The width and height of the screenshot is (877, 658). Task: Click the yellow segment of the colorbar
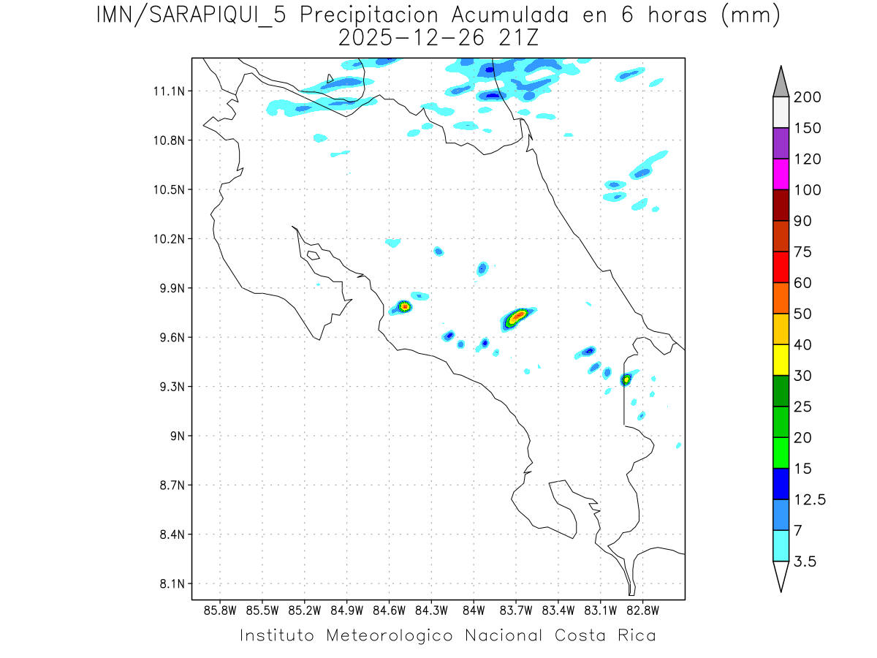[x=781, y=360]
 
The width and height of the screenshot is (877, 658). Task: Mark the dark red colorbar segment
[x=781, y=205]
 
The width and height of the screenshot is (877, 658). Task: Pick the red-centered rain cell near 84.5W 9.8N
[x=404, y=306]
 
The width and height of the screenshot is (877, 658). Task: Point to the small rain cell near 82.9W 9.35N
[x=626, y=379]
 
